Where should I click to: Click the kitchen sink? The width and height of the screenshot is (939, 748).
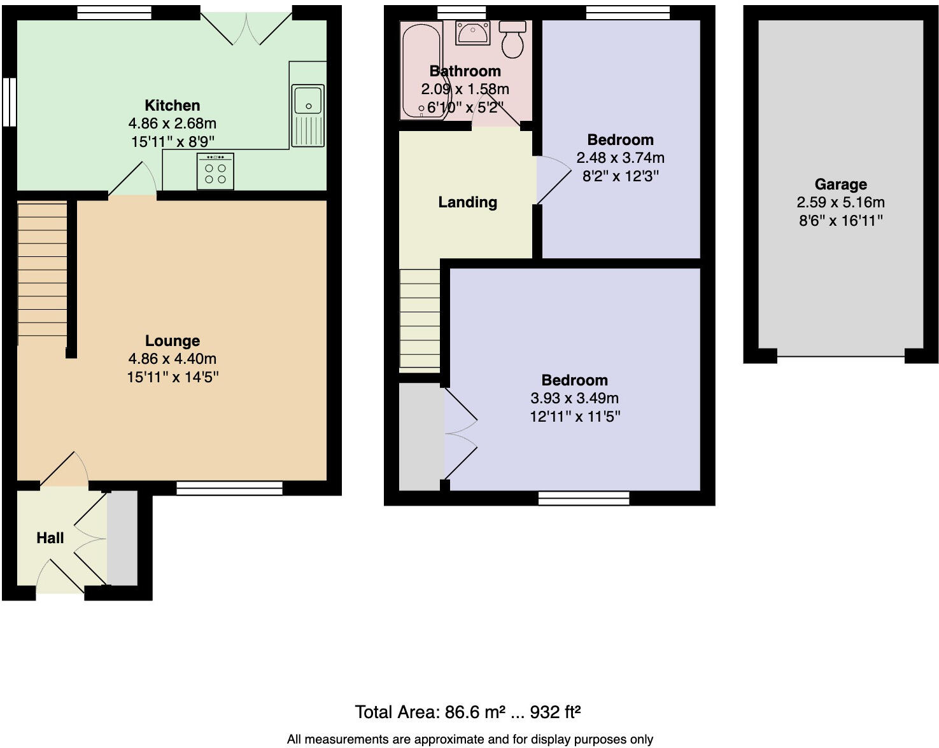(x=308, y=114)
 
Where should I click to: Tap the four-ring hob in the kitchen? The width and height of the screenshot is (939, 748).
(x=215, y=171)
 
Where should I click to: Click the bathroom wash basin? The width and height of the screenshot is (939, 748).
(x=472, y=32)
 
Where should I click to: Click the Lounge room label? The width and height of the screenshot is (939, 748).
(x=173, y=341)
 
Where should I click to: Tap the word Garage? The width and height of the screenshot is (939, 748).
(x=840, y=184)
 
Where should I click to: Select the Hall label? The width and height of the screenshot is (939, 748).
(x=50, y=538)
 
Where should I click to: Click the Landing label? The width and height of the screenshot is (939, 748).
(x=467, y=202)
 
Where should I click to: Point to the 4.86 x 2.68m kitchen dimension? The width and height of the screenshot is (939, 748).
(x=173, y=123)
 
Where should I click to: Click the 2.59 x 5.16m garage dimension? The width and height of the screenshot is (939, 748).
(x=840, y=202)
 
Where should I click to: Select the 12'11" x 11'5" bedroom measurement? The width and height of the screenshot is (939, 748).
(x=575, y=417)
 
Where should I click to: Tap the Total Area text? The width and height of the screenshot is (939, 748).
(x=468, y=712)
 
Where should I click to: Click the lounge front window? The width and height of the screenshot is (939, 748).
(x=229, y=488)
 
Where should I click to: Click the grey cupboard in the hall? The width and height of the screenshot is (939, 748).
(x=122, y=537)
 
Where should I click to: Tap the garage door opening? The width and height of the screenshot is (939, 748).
(x=840, y=356)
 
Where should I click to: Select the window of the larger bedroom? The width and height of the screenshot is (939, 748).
(x=584, y=498)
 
